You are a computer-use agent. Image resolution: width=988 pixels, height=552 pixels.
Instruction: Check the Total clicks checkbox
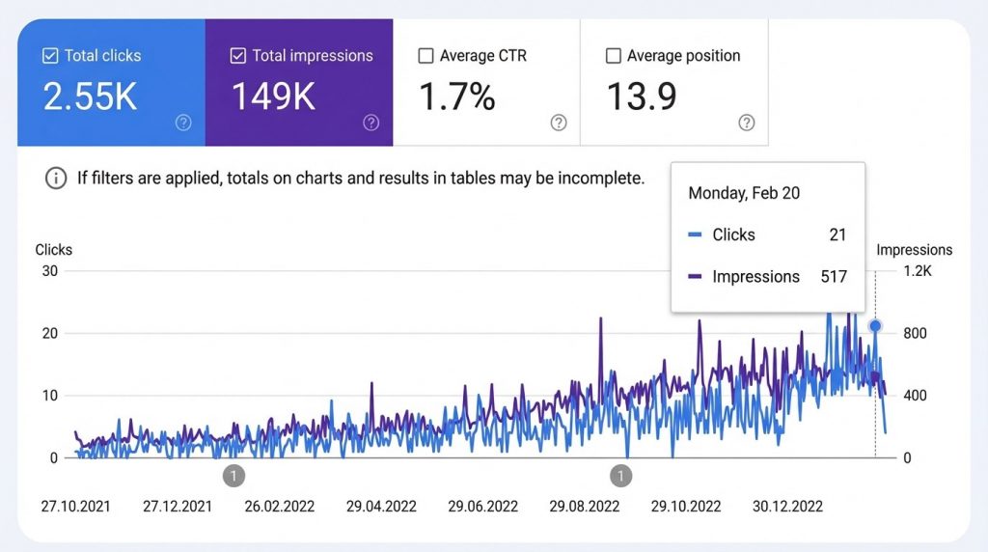point(51,56)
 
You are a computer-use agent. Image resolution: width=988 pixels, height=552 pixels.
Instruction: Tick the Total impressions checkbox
point(238,56)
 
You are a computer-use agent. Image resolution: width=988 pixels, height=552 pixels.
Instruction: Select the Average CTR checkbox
point(425,56)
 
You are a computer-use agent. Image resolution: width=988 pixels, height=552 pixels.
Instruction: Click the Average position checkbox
point(613,56)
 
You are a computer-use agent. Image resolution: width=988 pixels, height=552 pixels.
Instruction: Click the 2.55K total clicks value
point(91,97)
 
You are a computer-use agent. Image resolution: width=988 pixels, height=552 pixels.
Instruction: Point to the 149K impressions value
point(273,97)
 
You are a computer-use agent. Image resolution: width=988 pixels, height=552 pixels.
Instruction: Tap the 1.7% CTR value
point(456,97)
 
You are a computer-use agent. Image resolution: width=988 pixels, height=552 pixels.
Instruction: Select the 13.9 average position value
point(642,97)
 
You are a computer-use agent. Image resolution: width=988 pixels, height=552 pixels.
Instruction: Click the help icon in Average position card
point(746,123)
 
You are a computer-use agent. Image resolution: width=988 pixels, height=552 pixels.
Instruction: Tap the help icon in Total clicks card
point(183,123)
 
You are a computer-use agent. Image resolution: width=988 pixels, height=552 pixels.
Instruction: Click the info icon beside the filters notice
point(57,179)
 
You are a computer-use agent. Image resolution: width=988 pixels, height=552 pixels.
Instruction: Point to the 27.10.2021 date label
point(75,506)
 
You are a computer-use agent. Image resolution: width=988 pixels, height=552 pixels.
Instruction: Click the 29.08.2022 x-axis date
point(584,506)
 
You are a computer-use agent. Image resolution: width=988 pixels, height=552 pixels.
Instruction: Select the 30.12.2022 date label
point(788,506)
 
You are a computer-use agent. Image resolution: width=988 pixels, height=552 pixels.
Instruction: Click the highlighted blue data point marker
point(875,326)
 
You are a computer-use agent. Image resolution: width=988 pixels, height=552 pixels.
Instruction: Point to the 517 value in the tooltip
point(834,277)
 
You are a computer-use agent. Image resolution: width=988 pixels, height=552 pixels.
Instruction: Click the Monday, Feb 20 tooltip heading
point(744,193)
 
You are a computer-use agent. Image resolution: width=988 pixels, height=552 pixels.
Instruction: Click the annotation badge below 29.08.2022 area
point(622,475)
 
